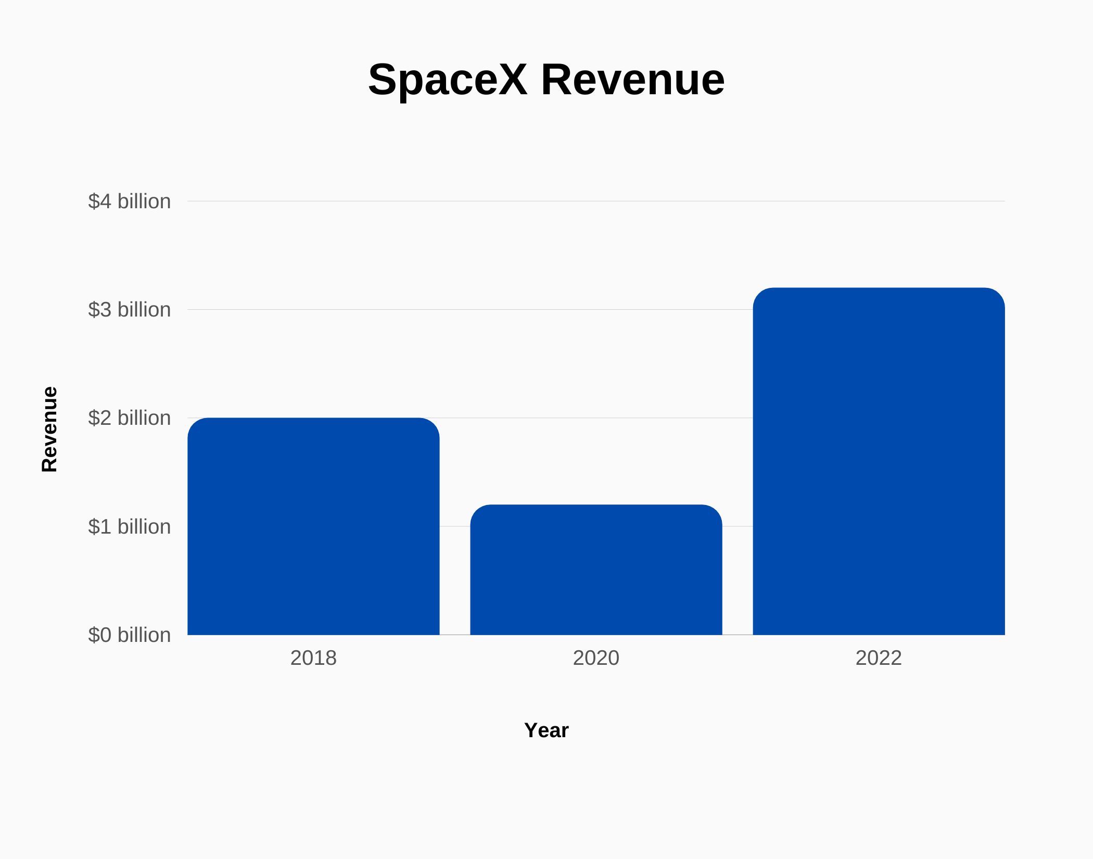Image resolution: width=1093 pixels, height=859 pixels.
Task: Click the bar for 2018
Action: coord(313,526)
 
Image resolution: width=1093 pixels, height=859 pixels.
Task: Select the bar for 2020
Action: coord(596,570)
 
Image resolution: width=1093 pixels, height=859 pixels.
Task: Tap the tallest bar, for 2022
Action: coord(879,461)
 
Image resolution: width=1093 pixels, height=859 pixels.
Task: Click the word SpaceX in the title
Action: coord(448,80)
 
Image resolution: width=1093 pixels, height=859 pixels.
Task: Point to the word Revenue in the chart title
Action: coord(632,80)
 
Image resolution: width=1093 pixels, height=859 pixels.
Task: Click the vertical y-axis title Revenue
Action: coord(49,429)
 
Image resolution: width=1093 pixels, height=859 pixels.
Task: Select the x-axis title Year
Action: coord(546,730)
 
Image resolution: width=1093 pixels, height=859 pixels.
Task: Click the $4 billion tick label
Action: coord(129,201)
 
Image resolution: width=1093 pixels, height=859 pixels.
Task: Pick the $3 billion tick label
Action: coord(129,309)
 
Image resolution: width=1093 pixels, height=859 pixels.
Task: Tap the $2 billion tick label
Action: coord(129,418)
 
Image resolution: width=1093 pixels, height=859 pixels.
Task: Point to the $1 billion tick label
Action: coord(129,526)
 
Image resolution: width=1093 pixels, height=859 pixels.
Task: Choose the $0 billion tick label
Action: coord(129,635)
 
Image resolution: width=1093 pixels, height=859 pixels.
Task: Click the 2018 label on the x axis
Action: coord(313,658)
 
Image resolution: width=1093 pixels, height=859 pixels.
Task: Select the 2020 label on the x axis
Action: coord(596,658)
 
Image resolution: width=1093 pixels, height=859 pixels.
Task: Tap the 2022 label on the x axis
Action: coord(879,658)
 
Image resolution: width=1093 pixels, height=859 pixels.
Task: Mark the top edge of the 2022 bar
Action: coord(879,288)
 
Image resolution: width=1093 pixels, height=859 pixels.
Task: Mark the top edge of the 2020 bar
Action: coord(596,506)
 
